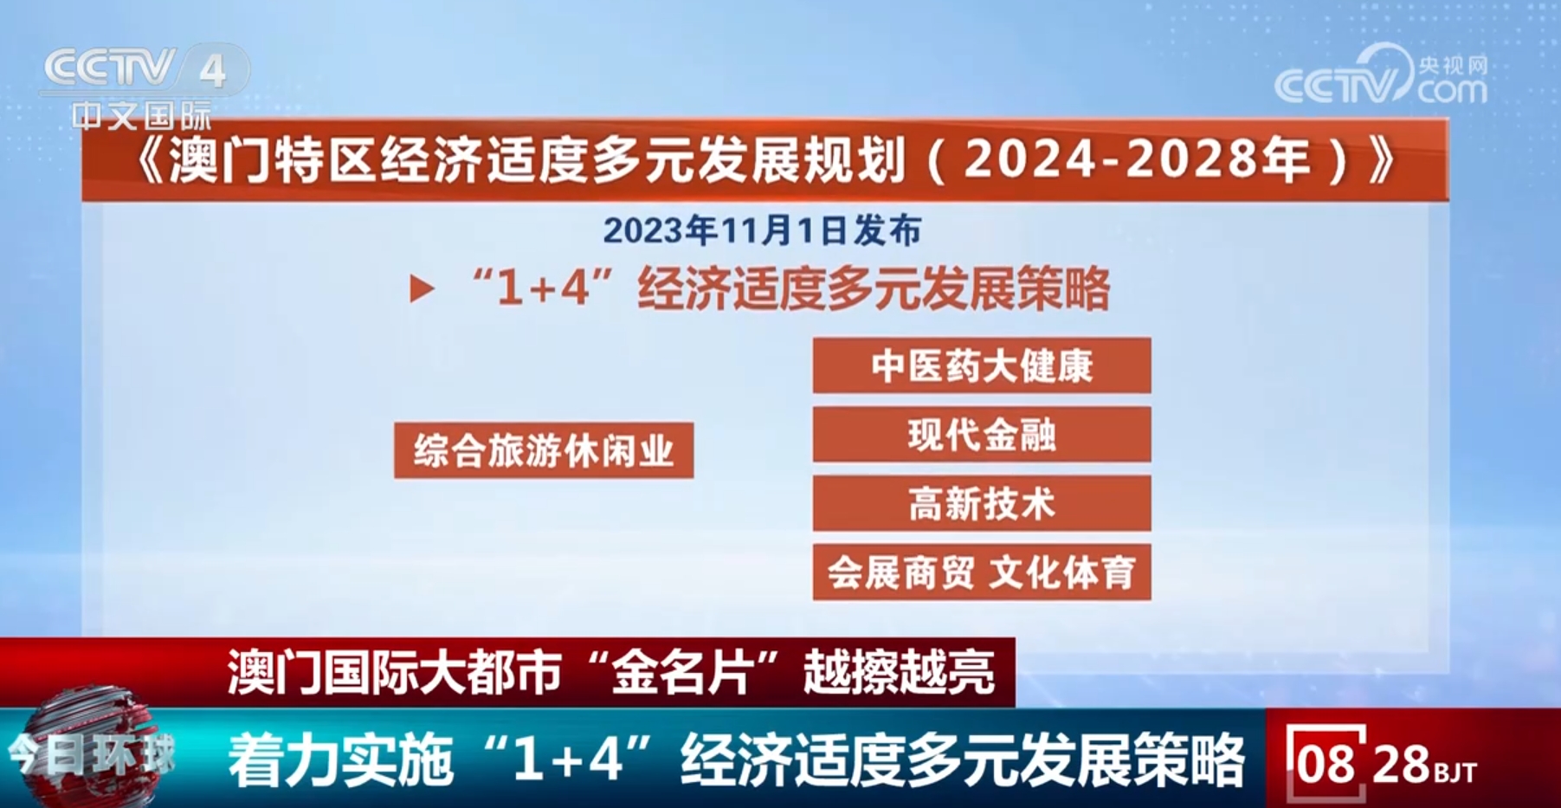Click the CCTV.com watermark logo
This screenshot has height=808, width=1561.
point(1381,76)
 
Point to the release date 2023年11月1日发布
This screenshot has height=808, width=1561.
point(762,230)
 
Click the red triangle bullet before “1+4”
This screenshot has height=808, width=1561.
point(422,288)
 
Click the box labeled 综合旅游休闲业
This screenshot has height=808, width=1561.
point(544,450)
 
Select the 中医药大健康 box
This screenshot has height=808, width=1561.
point(982,365)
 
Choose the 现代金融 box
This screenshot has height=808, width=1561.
point(982,434)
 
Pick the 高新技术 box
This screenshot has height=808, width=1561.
point(982,503)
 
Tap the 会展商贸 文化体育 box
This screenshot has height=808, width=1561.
point(982,572)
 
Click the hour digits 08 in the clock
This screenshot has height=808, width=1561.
point(1326,764)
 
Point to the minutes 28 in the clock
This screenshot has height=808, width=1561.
point(1401,764)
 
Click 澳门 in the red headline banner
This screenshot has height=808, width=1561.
point(274,672)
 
